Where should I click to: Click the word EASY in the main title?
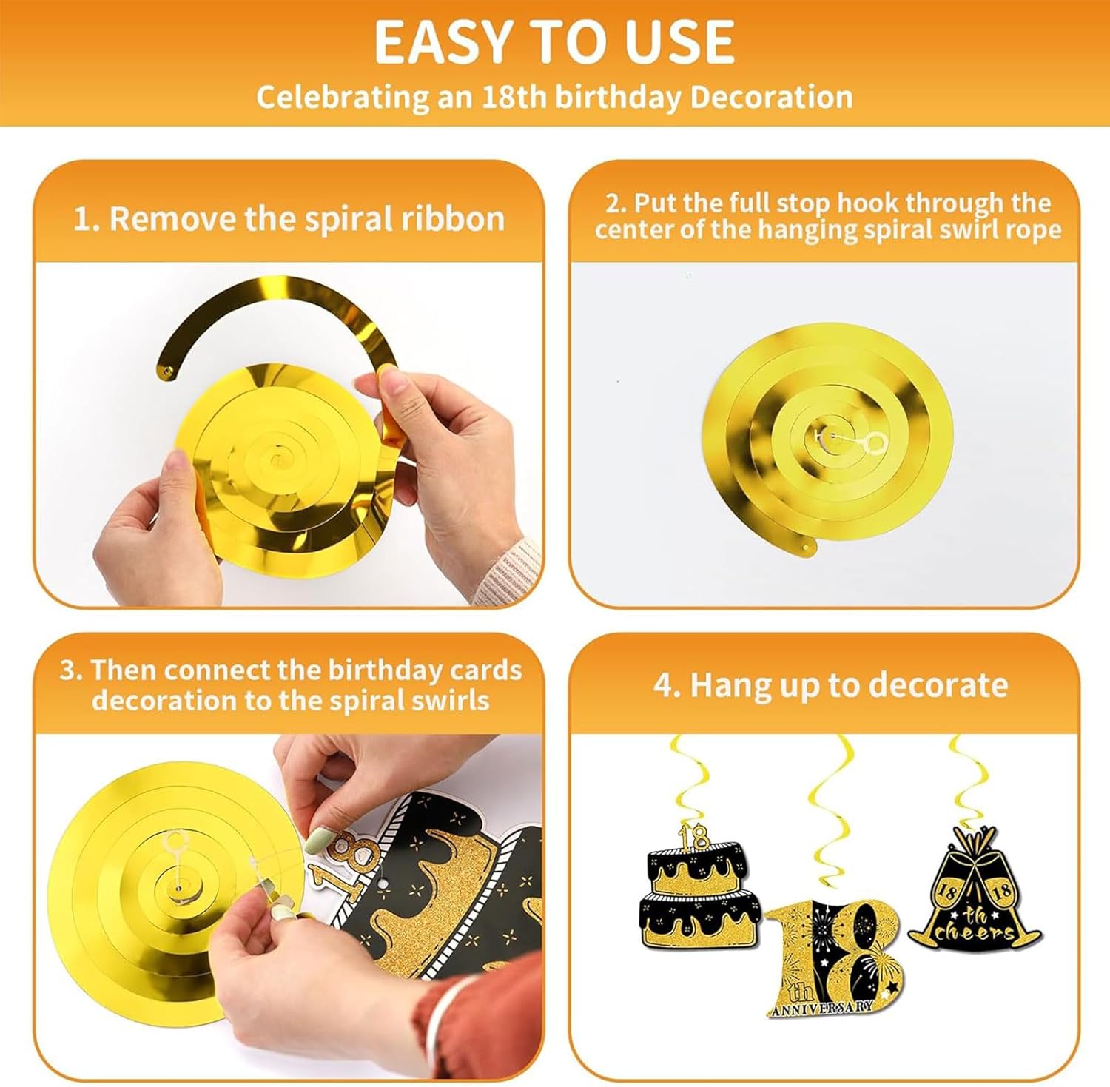coord(439,42)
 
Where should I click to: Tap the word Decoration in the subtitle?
coord(771,97)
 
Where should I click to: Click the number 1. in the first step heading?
coord(87,219)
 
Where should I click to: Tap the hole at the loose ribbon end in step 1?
coord(168,369)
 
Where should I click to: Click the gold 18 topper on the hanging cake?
coord(696,836)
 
